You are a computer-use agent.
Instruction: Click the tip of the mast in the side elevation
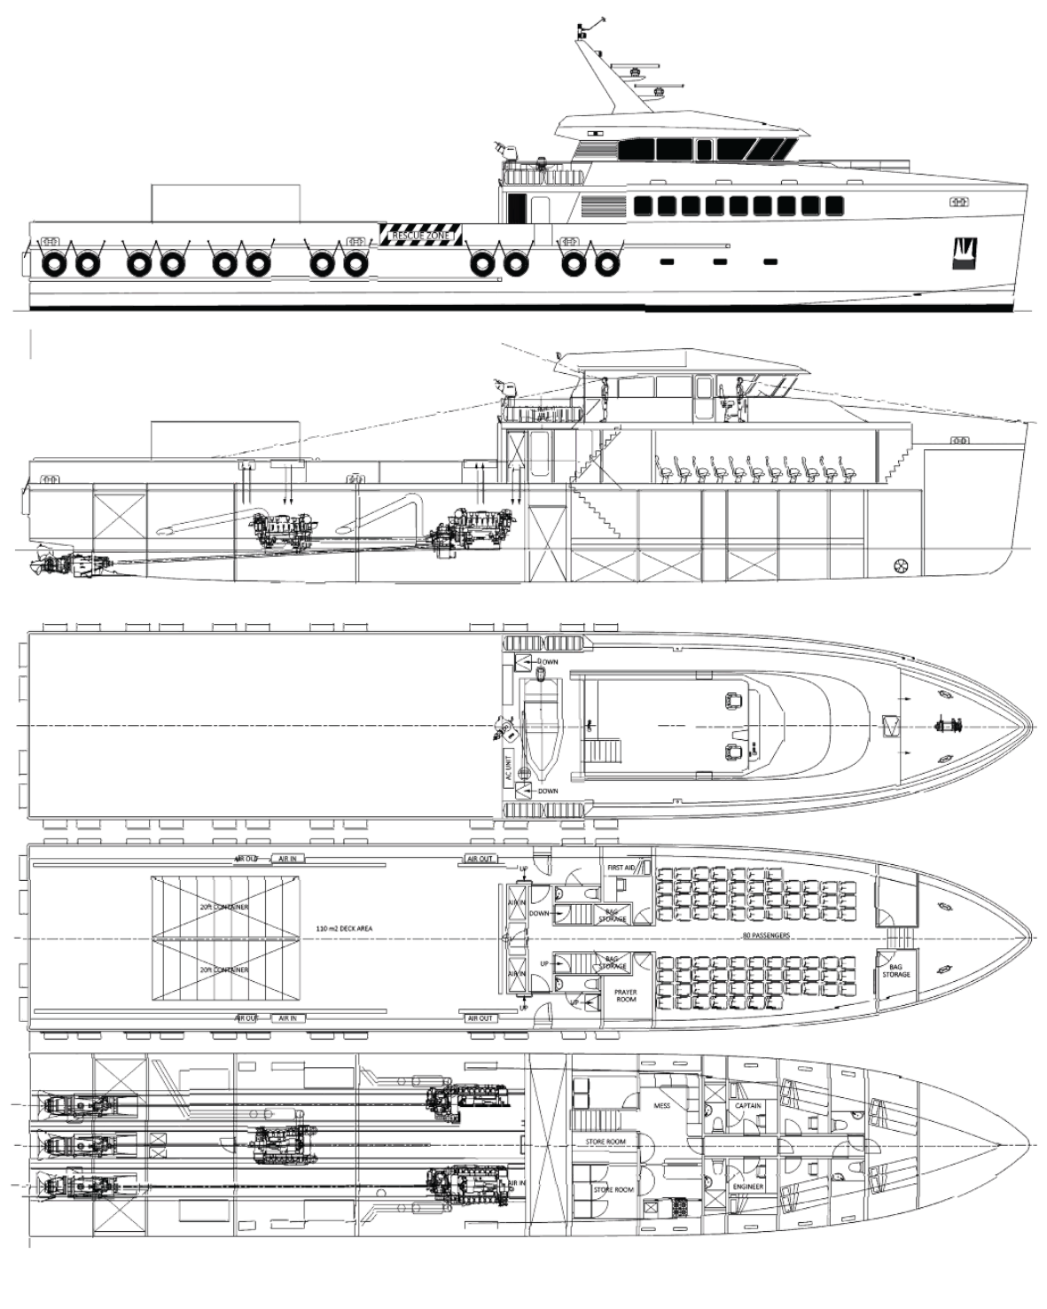[603, 18]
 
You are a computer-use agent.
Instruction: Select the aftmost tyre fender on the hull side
[54, 263]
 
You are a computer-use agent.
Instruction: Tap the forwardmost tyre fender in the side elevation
[605, 263]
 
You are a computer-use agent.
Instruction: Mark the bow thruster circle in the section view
[902, 564]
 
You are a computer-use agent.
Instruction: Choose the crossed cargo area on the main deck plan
[224, 936]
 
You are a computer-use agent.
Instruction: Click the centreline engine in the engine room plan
[281, 1139]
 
